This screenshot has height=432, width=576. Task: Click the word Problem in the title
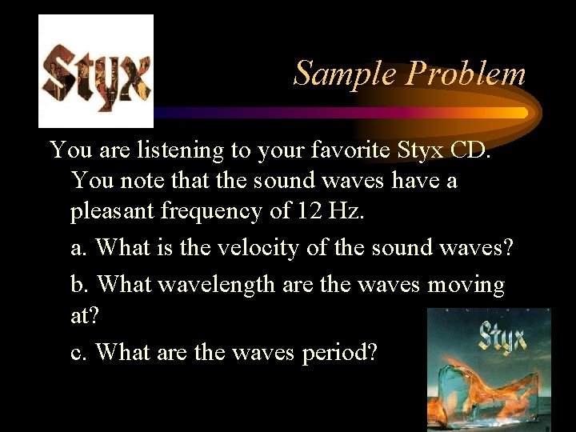coord(466,74)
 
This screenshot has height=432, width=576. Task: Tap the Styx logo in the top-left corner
coord(96,71)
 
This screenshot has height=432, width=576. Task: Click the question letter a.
coord(79,249)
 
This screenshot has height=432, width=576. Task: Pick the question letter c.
coord(79,352)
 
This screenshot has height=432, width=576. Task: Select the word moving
coord(466,286)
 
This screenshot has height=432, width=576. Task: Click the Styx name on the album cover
coord(501,337)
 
